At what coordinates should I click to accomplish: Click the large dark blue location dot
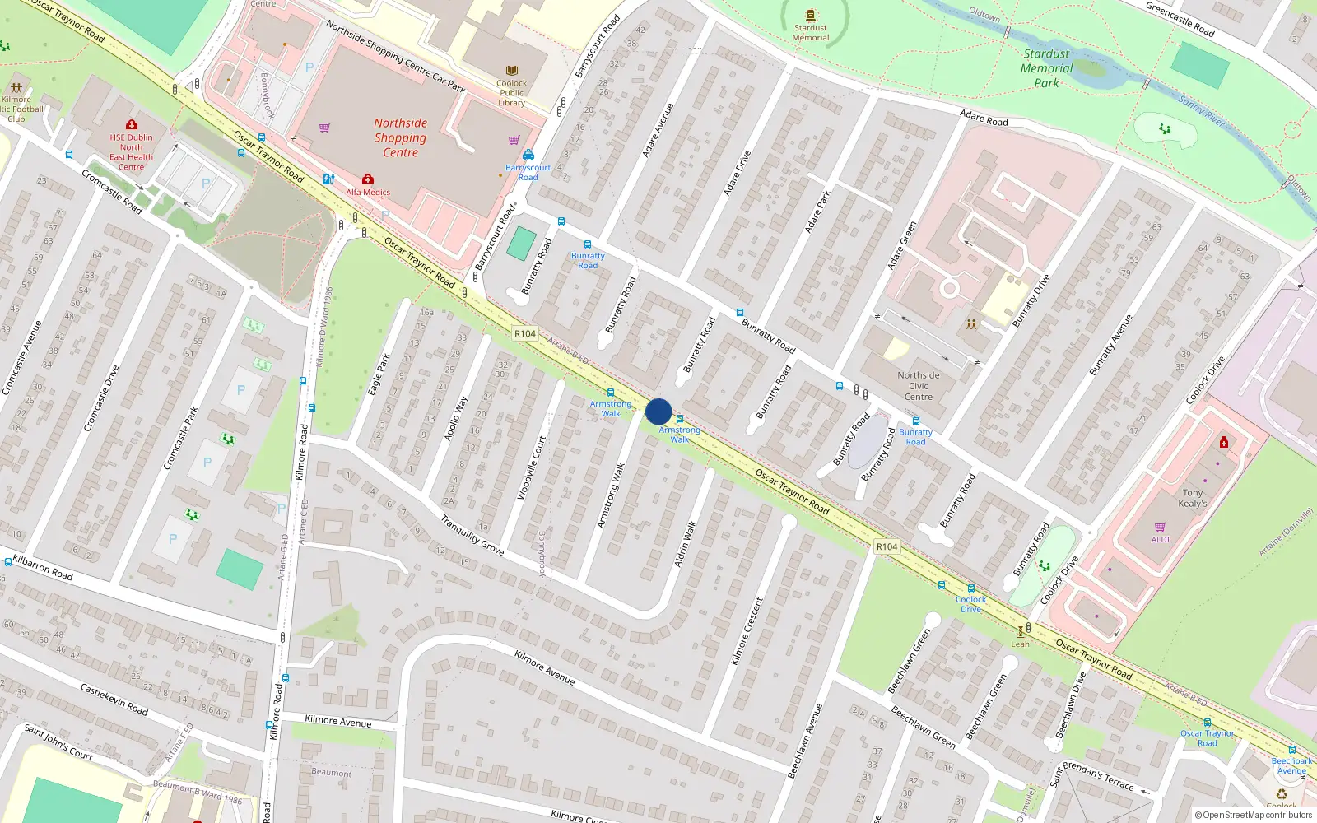658,411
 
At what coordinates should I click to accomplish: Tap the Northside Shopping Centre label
400,137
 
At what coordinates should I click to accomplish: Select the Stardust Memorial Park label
1046,68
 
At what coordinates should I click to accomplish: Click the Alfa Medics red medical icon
368,179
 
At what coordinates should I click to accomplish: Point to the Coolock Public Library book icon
512,71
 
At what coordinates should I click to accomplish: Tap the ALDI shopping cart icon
1161,527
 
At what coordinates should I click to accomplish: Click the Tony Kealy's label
1193,498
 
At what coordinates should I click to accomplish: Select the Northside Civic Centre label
919,386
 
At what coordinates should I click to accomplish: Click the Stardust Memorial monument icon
811,15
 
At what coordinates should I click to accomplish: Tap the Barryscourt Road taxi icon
528,155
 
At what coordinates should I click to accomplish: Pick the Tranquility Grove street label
472,535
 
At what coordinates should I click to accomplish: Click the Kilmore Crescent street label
747,631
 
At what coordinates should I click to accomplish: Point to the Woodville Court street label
531,467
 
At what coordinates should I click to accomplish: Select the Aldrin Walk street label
686,543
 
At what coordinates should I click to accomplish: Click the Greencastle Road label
1180,19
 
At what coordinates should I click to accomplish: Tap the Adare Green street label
902,245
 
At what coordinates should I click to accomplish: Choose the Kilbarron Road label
43,568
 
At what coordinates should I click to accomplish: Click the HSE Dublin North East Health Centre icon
131,125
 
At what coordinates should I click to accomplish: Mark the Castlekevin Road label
114,699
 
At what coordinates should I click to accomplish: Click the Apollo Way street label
456,418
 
